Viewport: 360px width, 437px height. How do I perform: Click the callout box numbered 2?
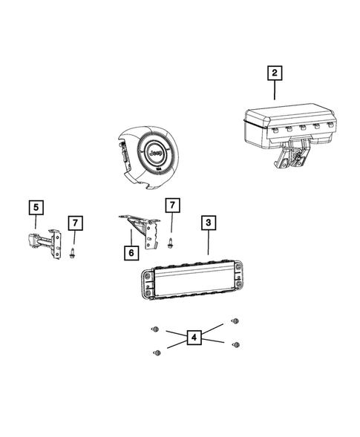pyautogui.click(x=275, y=73)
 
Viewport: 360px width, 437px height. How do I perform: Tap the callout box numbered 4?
pyautogui.click(x=194, y=338)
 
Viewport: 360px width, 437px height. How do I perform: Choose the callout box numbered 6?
pyautogui.click(x=131, y=252)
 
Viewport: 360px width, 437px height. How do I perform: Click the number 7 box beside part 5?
pyautogui.click(x=75, y=223)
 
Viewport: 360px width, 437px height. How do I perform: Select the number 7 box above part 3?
pyautogui.click(x=172, y=205)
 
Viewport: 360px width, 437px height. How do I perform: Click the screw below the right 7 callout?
pyautogui.click(x=172, y=242)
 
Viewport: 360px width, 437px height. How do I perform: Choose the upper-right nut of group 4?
pyautogui.click(x=236, y=321)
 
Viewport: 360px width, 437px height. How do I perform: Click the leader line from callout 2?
pyautogui.click(x=275, y=91)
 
